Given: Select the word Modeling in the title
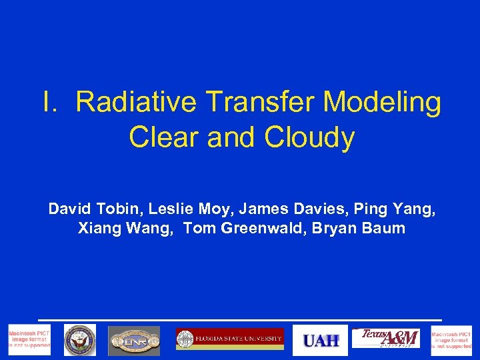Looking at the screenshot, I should click(x=382, y=103).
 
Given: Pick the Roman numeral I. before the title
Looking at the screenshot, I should click(x=52, y=103).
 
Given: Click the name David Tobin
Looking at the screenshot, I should click(x=95, y=209).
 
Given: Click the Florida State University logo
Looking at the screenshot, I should click(x=229, y=339).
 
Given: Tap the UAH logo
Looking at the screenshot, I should click(x=321, y=340).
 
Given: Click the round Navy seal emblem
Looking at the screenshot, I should click(x=80, y=340).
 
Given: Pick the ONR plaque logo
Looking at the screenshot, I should click(x=135, y=340).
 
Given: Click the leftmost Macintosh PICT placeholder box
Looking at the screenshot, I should click(x=29, y=340).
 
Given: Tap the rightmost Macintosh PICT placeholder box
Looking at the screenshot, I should click(x=451, y=340).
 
